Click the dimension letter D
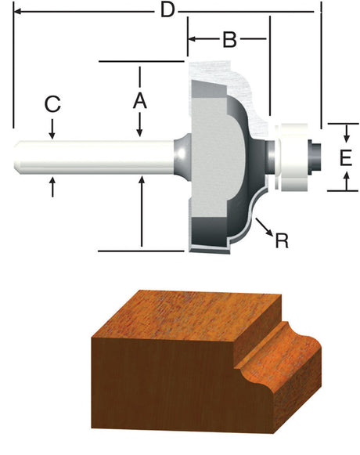(166, 11)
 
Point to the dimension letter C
(52, 104)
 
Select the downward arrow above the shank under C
(52, 132)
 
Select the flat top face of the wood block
(196, 313)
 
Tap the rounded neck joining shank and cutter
(179, 153)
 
